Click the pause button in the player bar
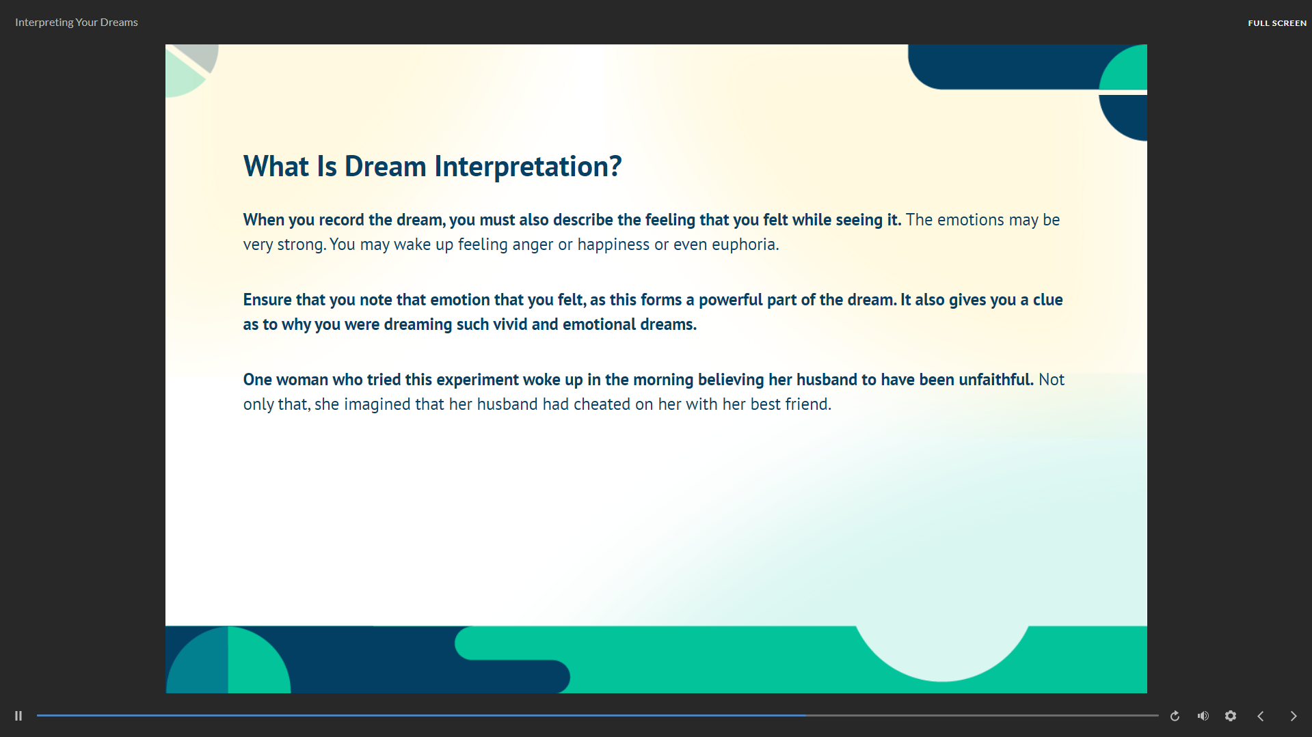[18, 716]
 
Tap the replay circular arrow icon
[1175, 716]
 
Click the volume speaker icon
[1203, 716]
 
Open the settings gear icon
[1231, 716]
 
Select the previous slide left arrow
[1261, 716]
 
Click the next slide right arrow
[1294, 716]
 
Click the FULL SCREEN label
[1277, 23]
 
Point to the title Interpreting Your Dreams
[77, 23]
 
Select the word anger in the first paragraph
[533, 245]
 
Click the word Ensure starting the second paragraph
[267, 300]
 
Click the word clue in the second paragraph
[1047, 300]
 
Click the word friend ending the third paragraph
[808, 404]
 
